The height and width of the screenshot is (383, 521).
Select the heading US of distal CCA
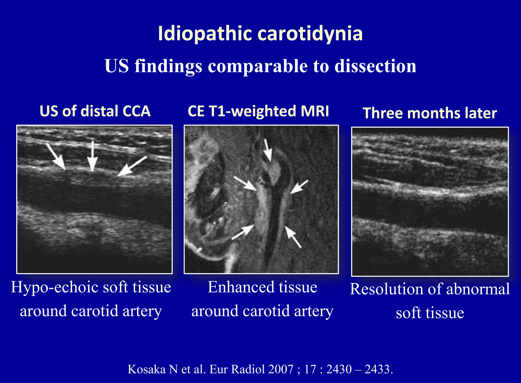[95, 111]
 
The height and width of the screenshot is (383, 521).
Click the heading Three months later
[430, 113]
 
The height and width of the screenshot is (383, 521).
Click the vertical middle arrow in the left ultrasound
[92, 156]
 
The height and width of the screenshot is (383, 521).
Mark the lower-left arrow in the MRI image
[243, 232]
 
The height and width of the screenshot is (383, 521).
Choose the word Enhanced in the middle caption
[240, 288]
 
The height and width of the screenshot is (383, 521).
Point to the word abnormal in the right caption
[478, 289]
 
